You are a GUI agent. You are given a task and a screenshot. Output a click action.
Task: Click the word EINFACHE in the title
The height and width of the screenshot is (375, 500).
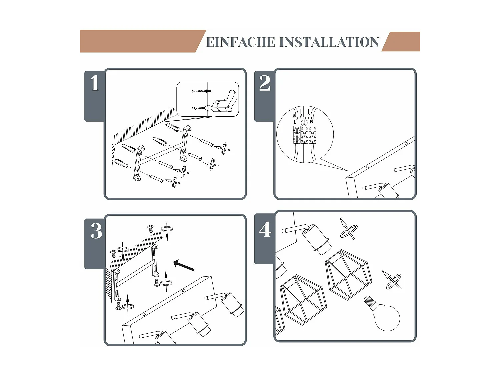point(241,42)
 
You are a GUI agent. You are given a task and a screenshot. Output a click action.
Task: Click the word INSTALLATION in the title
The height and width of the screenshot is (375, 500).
point(329,42)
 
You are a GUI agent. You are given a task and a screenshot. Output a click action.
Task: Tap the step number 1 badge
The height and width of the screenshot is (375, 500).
point(95,83)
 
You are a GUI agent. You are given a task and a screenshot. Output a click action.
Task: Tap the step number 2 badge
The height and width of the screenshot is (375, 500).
point(265,83)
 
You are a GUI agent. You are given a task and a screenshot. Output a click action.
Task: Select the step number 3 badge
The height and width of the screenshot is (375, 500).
point(96,231)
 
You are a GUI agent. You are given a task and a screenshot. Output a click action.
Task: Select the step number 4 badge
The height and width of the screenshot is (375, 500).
point(265,230)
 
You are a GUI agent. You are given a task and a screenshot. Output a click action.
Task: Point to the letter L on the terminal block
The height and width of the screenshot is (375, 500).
point(295,122)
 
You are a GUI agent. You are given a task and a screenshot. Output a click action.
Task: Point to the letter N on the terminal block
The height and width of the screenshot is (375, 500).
point(312,122)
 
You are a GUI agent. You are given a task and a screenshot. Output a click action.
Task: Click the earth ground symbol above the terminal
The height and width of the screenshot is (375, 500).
point(304,122)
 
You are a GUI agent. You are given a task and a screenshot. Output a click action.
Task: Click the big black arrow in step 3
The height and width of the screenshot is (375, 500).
point(184,265)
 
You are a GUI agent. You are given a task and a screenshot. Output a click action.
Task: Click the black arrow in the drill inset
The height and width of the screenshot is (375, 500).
point(207,91)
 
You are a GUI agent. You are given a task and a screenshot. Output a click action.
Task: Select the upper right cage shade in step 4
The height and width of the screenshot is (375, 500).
point(348,274)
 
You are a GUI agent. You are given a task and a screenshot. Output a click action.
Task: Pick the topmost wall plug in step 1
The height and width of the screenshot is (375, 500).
point(172,127)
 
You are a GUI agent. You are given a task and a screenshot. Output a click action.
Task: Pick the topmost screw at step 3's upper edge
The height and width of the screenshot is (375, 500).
point(151,228)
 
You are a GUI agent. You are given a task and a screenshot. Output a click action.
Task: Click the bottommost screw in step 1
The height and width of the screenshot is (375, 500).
point(156,178)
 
